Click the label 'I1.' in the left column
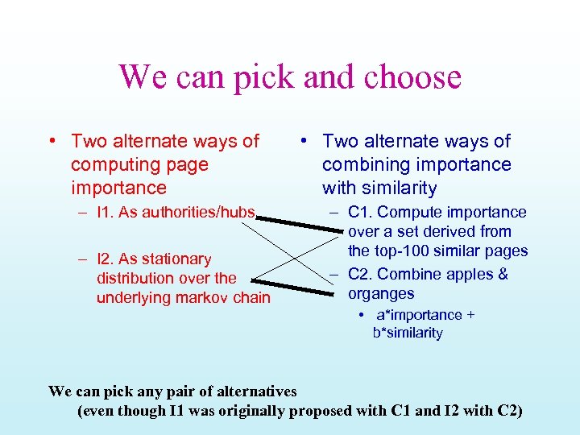coord(106,213)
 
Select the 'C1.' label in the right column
coord(360,213)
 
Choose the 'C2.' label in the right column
coord(360,275)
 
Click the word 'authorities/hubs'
coord(202,213)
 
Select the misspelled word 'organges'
coord(381,294)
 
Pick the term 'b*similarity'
coord(408,333)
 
